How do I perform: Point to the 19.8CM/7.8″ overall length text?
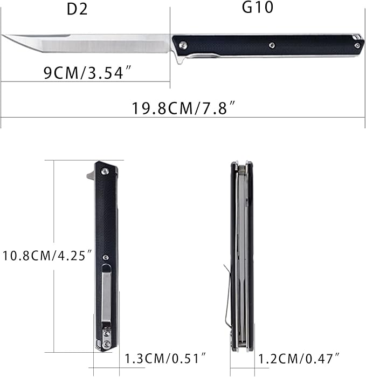183,108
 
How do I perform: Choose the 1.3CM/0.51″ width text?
166,358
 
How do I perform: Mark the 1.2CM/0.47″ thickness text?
299,358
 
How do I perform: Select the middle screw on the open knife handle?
273,45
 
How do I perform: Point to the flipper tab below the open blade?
179,60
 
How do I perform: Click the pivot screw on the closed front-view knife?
105,171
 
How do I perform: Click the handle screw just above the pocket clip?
106,257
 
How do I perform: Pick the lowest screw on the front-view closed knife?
106,344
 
